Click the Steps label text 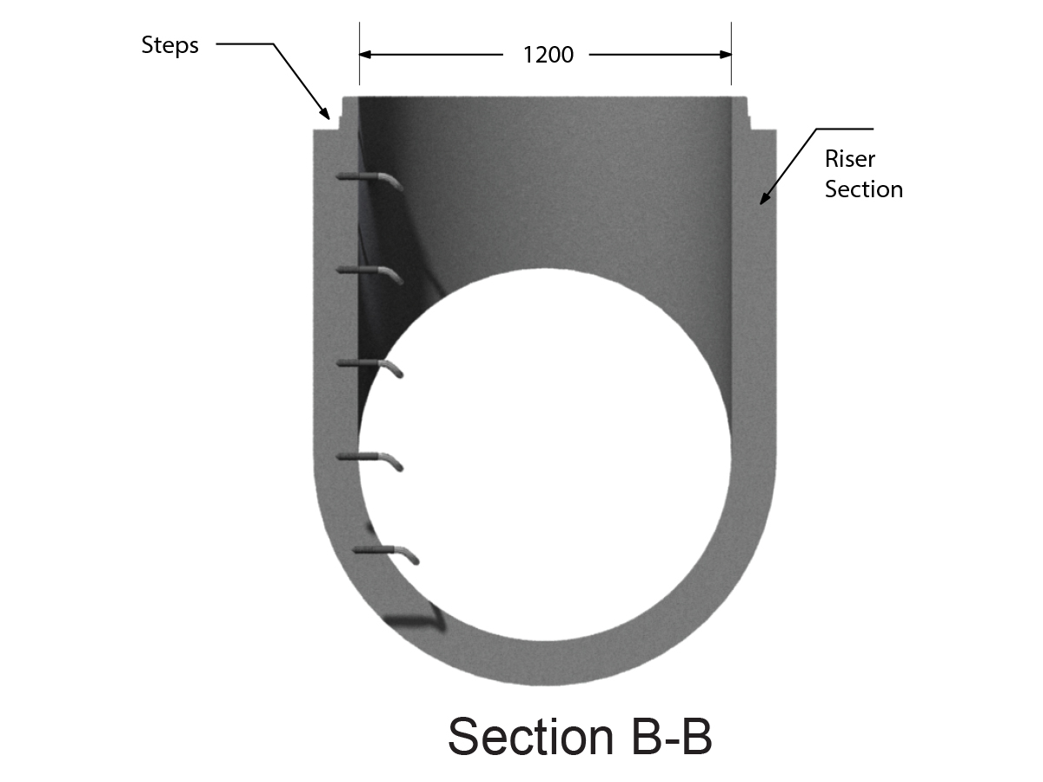pyautogui.click(x=169, y=45)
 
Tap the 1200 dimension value pyautogui.click(x=548, y=55)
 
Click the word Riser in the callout pyautogui.click(x=849, y=159)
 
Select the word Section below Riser pyautogui.click(x=863, y=189)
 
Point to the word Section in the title pyautogui.click(x=531, y=737)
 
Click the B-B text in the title pyautogui.click(x=672, y=737)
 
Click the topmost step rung pyautogui.click(x=369, y=181)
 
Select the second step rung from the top pyautogui.click(x=369, y=274)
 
